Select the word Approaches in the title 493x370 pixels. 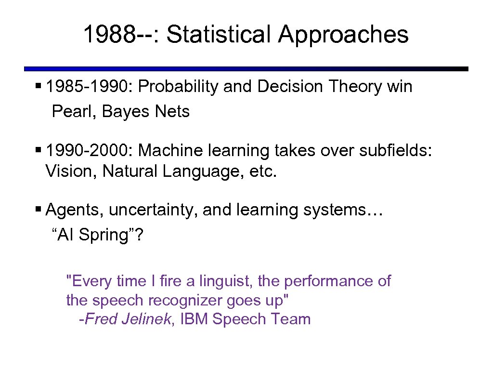[x=343, y=35]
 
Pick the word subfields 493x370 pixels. [x=396, y=151]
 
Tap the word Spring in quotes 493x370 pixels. [x=108, y=235]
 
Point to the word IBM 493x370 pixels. [x=194, y=319]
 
